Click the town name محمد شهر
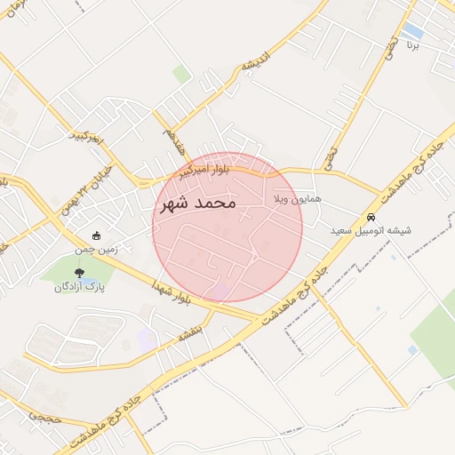pyautogui.click(x=196, y=204)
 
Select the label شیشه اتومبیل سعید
pyautogui.click(x=371, y=230)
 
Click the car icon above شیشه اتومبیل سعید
pyautogui.click(x=371, y=217)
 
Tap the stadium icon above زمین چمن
pyautogui.click(x=96, y=235)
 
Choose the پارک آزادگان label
pyautogui.click(x=80, y=287)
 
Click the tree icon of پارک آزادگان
pyautogui.click(x=80, y=273)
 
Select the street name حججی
pyautogui.click(x=42, y=415)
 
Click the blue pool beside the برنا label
pyautogui.click(x=413, y=32)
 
